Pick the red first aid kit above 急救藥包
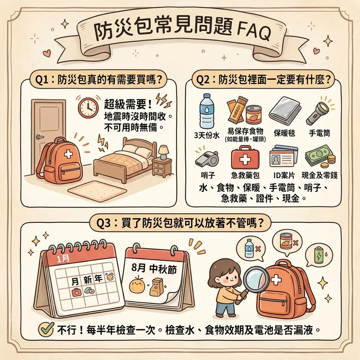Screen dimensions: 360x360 pyautogui.click(x=241, y=157)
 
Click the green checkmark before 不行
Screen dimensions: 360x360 pyautogui.click(x=46, y=329)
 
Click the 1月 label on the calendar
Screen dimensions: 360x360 pyautogui.click(x=63, y=257)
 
